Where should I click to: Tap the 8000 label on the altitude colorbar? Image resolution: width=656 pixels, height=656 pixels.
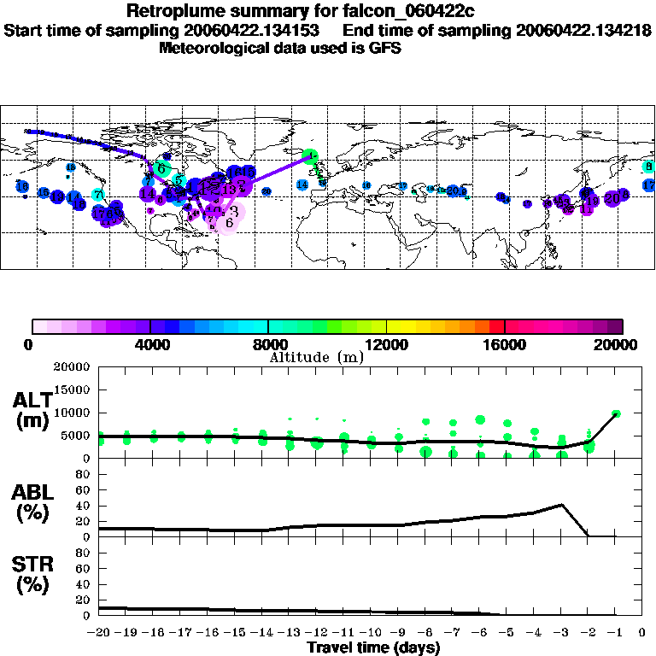click(x=267, y=345)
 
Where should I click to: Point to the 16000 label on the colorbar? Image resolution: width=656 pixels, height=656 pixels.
click(x=505, y=345)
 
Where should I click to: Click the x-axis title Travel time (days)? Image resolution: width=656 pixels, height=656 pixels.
click(x=373, y=647)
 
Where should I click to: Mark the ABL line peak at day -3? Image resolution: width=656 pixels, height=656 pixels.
click(x=560, y=505)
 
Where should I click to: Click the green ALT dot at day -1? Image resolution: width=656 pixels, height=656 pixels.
click(x=616, y=413)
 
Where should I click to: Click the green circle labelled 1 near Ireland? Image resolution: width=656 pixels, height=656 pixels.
click(x=313, y=156)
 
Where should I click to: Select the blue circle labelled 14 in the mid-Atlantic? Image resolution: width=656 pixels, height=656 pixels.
click(x=302, y=184)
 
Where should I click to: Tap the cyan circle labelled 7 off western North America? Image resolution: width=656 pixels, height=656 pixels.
click(x=98, y=195)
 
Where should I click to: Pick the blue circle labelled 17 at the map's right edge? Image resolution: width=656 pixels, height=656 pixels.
click(x=649, y=185)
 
